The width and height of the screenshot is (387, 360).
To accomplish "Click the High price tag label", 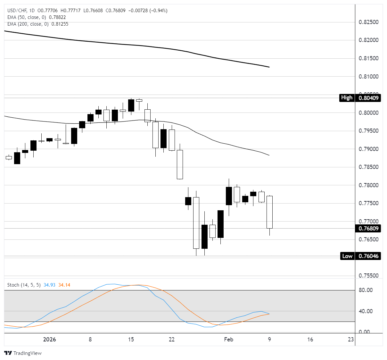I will click(x=347, y=98).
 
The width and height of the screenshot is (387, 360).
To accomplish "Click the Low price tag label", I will click(x=347, y=256).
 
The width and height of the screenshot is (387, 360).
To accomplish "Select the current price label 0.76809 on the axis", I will click(x=368, y=229).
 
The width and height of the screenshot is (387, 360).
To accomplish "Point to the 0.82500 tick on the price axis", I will click(x=368, y=22).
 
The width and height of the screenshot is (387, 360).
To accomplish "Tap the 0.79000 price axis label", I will click(x=368, y=149).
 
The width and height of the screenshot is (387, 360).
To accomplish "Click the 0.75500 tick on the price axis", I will click(x=368, y=276).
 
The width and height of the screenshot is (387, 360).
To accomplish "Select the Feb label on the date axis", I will click(x=228, y=339).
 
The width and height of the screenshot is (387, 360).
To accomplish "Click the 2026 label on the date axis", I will click(x=49, y=339).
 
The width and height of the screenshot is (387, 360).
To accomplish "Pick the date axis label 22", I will click(x=172, y=339).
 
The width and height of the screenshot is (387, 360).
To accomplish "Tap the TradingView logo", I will click(x=23, y=353).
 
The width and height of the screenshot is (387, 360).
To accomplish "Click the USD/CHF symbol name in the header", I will click(x=17, y=11).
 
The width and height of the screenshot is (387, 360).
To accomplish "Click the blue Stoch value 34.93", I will click(x=50, y=285).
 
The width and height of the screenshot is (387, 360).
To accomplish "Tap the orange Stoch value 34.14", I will click(x=64, y=285).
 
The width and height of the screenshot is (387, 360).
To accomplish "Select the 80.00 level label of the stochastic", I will click(x=366, y=290).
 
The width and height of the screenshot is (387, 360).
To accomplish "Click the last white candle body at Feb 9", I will click(x=269, y=212).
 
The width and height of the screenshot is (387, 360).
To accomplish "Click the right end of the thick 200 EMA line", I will click(x=269, y=67).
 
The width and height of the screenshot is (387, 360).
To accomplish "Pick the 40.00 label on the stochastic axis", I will click(x=366, y=311).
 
